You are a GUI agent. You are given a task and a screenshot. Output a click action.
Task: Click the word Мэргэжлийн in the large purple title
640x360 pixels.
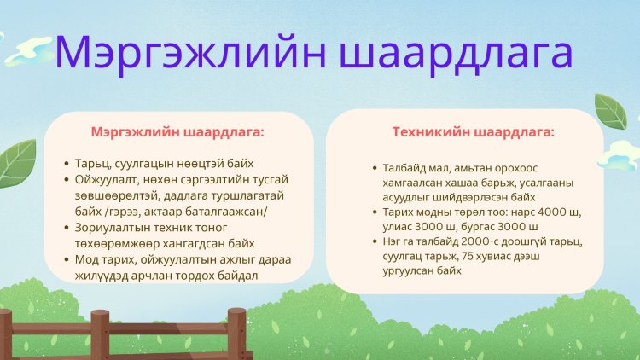tap(190, 53)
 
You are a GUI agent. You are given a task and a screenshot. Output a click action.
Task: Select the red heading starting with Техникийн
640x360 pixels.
tap(473, 132)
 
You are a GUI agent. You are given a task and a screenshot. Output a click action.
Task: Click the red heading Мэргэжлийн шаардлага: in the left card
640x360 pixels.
tap(177, 132)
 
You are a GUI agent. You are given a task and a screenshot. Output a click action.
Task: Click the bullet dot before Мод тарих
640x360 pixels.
tap(67, 259)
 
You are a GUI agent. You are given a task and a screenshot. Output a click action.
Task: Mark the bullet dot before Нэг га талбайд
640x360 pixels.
tap(375, 241)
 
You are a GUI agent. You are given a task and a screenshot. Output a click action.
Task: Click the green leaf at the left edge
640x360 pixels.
tap(17, 163)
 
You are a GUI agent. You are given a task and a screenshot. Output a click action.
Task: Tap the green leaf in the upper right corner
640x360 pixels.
tap(611, 111)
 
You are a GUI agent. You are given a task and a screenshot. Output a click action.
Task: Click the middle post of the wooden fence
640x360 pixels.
tap(100, 334)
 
